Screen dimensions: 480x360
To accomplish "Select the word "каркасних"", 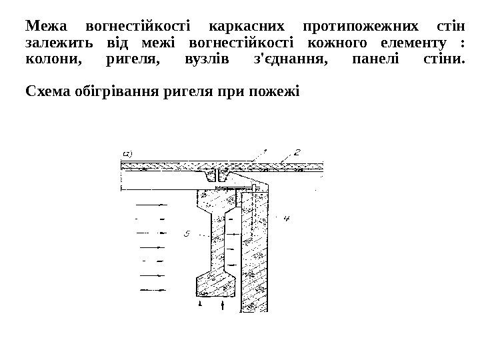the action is (246, 27).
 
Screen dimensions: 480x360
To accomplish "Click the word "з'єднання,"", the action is (280, 62).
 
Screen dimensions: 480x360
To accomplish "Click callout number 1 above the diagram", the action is (265, 153).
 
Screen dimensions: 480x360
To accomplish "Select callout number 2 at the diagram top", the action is (296, 153).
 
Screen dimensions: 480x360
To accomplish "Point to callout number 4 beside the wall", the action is (287, 218).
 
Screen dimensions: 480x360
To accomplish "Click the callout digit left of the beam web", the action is (187, 233).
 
